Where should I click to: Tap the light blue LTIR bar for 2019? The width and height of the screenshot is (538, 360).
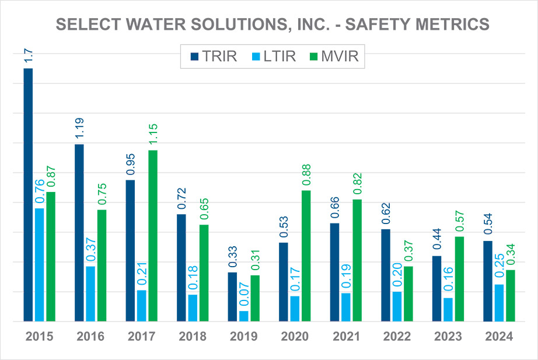tap(243, 316)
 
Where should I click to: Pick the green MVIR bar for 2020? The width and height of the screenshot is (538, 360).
tap(306, 256)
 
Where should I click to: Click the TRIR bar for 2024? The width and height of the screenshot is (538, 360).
tap(488, 281)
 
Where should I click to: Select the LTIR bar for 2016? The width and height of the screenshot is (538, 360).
tap(90, 293)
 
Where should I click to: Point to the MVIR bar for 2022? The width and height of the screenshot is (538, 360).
tap(408, 293)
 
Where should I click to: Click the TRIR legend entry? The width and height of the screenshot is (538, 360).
tap(211, 57)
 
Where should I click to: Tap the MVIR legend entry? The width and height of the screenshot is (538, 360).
tap(338, 57)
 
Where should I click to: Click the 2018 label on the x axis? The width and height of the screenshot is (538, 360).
tap(192, 337)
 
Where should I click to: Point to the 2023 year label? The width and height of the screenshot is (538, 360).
tap(447, 337)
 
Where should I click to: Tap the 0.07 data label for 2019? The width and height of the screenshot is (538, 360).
tap(243, 293)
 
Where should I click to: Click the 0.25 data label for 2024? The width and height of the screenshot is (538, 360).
tap(499, 268)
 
